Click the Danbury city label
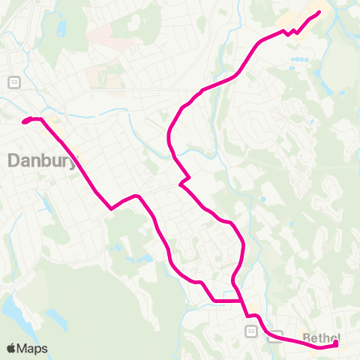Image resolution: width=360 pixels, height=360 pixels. (42, 160)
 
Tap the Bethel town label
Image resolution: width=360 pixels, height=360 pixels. (321, 337)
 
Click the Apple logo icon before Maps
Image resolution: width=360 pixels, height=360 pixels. (11, 348)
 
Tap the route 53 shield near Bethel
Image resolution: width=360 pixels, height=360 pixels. (250, 331)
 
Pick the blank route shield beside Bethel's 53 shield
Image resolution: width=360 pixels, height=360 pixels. (275, 335)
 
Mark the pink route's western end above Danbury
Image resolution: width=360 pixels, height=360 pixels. (25, 121)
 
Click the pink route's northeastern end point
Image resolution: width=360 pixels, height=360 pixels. (319, 12)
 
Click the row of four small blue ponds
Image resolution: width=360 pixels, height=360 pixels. (299, 58)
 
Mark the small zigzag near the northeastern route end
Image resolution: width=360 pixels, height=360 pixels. (290, 32)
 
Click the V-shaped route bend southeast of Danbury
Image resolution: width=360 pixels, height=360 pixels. (112, 209)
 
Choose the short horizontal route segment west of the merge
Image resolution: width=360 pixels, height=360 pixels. (226, 301)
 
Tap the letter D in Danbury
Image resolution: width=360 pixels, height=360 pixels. (14, 160)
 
